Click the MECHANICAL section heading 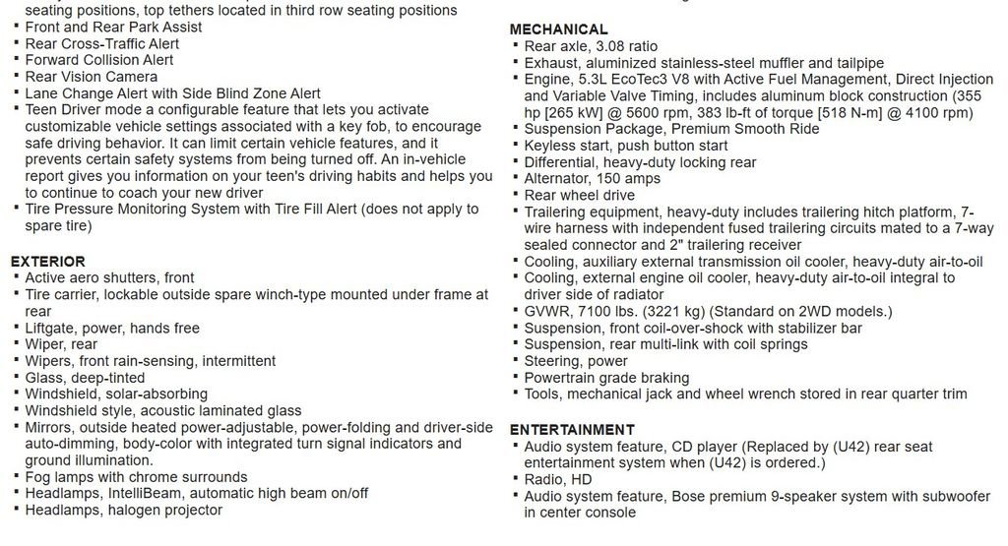click(558, 30)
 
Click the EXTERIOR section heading click(47, 262)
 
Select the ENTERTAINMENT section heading click(572, 430)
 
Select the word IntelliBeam click(145, 494)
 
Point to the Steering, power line click(576, 362)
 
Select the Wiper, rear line click(61, 344)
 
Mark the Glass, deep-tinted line click(85, 378)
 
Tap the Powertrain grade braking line click(606, 378)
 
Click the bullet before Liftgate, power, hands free click(17, 328)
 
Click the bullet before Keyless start click(515, 146)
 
